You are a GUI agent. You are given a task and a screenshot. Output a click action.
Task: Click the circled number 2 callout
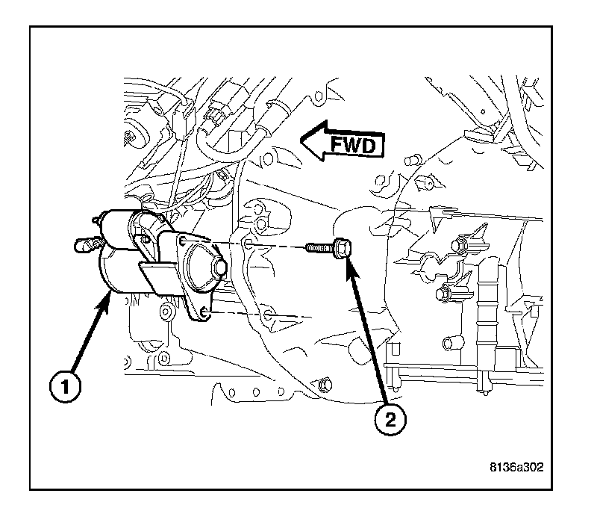coord(392,419)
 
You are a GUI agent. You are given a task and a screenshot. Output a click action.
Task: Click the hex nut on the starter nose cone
coord(219,268)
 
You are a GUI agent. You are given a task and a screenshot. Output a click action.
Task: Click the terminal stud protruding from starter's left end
coord(84,244)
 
